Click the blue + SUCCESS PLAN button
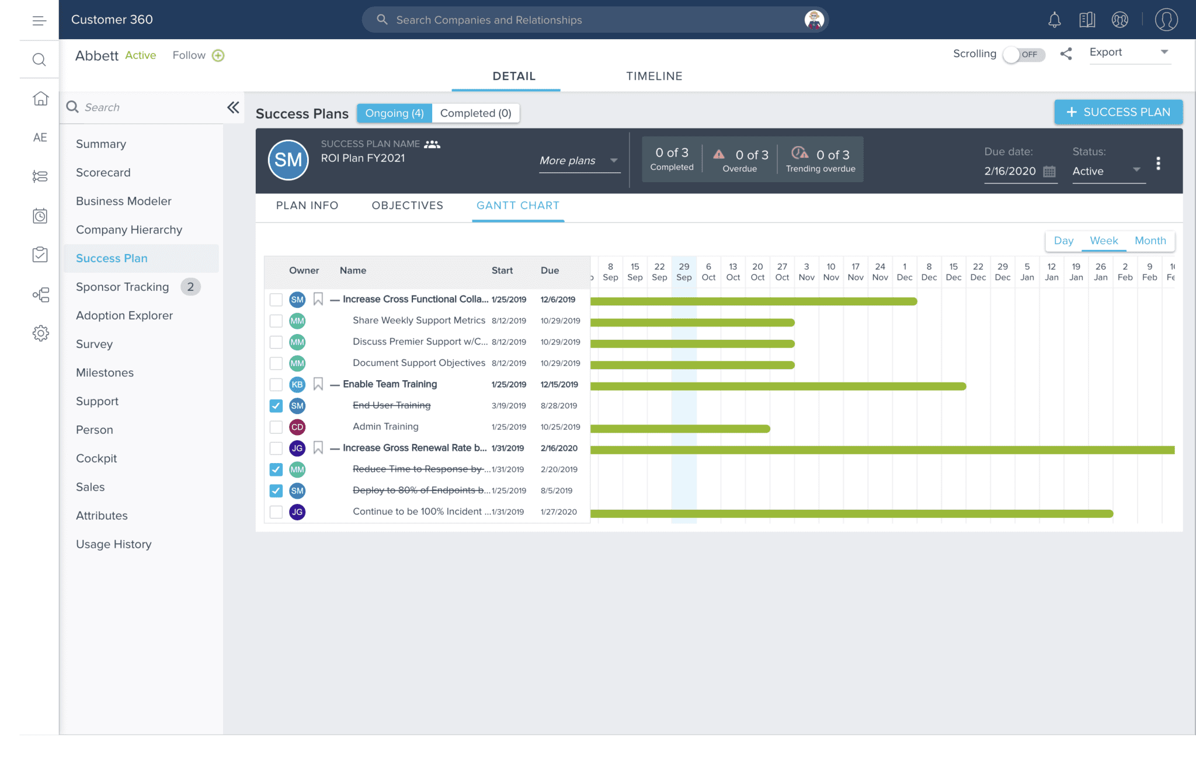1118,112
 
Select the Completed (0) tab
475,113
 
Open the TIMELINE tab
654,77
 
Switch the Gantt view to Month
1150,241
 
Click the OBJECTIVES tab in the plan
407,206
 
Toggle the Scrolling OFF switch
1023,54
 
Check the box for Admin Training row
276,427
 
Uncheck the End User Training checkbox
276,406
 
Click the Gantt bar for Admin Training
680,429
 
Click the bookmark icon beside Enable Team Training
318,384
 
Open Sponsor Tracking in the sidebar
123,287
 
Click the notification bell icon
1054,20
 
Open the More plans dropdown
578,161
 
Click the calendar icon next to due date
1049,172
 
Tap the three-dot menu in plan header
1158,164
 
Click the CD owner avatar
297,427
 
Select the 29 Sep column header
684,272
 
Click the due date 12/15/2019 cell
559,384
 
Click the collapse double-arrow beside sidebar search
233,107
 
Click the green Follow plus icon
218,55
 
